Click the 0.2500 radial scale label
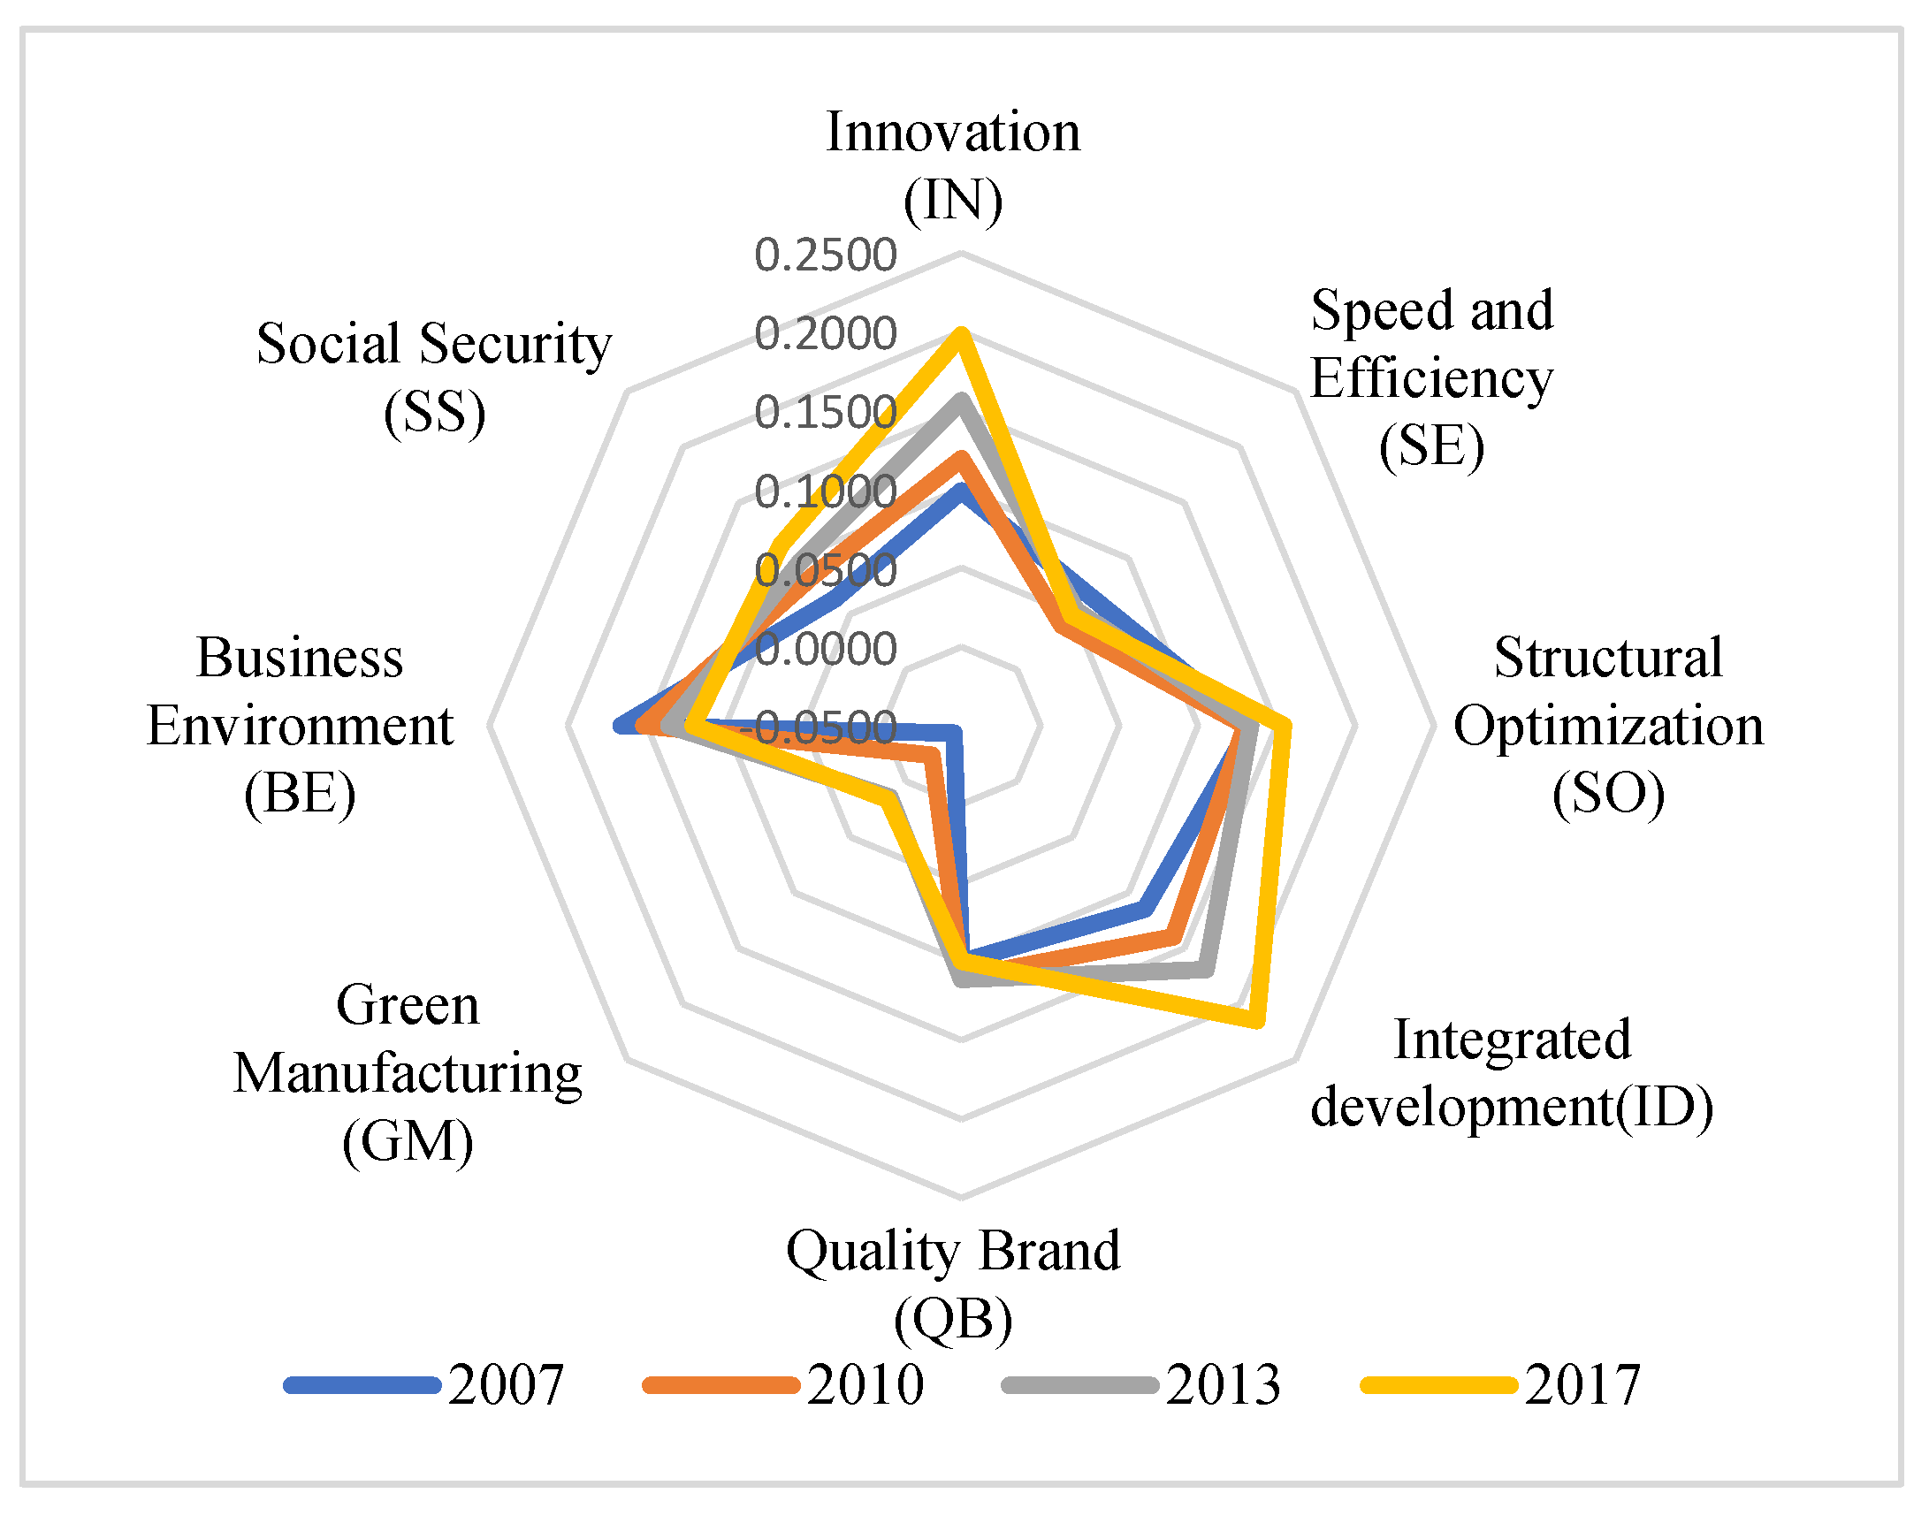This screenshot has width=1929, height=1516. click(826, 255)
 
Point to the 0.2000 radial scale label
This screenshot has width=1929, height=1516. click(826, 335)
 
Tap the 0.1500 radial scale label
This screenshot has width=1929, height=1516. click(826, 413)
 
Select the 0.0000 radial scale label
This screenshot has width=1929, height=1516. click(826, 649)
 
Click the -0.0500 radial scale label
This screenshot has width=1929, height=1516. click(819, 728)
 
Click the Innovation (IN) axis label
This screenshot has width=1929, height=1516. click(953, 166)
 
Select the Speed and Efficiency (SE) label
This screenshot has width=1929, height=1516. click(1432, 378)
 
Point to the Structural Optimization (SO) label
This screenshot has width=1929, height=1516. click(1609, 725)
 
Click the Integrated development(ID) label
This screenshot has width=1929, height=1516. click(1512, 1073)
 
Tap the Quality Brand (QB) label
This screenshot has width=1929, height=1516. click(953, 1284)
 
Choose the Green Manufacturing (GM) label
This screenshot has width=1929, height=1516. click(408, 1073)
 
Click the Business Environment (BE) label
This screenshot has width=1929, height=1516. click(300, 725)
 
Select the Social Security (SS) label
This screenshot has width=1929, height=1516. click(434, 377)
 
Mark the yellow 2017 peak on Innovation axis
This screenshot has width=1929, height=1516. click(959, 334)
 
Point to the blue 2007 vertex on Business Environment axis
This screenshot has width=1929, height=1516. click(620, 726)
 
